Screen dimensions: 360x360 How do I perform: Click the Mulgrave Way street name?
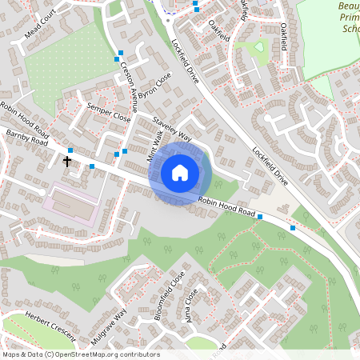coord(109,326)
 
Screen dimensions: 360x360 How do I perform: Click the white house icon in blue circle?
coord(179,172)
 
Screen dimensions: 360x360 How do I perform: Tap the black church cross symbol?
coord(67,161)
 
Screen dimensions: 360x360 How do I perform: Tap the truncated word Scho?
coord(350,29)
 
